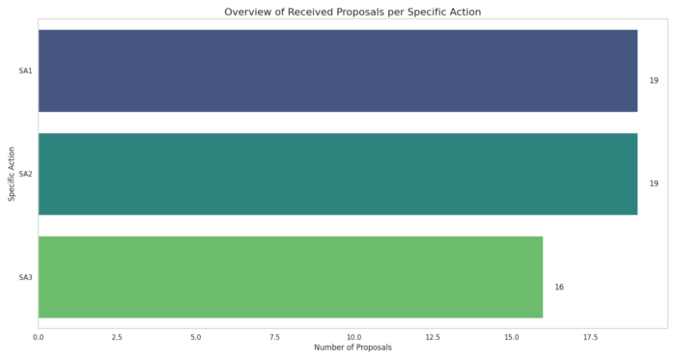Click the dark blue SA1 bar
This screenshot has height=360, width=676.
[338, 71]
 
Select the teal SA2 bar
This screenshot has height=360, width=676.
[338, 174]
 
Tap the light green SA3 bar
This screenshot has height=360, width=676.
[291, 277]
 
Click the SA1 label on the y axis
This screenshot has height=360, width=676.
[25, 71]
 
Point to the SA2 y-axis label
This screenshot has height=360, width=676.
[25, 174]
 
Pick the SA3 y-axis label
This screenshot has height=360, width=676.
[25, 277]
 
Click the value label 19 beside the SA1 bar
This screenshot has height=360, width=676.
[654, 80]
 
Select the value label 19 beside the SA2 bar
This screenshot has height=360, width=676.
[654, 183]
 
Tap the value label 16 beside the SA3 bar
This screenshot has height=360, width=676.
[559, 288]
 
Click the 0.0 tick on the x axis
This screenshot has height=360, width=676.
[39, 337]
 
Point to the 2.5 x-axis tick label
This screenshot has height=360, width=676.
[117, 337]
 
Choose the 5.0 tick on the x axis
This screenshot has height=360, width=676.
[196, 337]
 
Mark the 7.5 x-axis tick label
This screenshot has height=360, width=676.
[274, 337]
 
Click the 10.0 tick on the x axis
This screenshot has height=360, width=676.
[353, 337]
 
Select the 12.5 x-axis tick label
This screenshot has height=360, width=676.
[433, 337]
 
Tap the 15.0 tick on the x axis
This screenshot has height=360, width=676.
[511, 337]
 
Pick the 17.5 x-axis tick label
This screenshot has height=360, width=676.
[590, 337]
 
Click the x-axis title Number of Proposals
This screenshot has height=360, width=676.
[353, 347]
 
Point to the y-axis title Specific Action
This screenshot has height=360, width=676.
[12, 174]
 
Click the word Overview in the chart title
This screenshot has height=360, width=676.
[243, 12]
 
